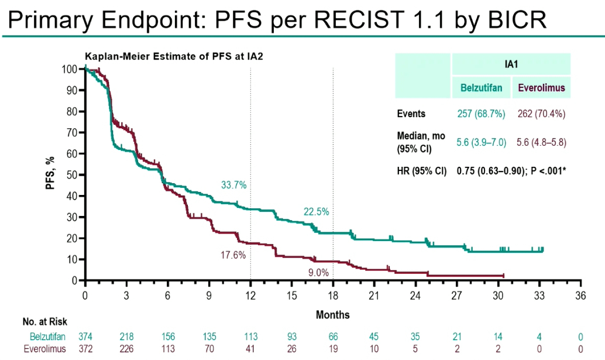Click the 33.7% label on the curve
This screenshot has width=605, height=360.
point(233,185)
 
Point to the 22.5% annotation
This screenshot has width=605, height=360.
point(316,211)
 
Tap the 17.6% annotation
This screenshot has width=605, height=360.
point(233,255)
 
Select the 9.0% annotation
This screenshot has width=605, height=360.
point(319,272)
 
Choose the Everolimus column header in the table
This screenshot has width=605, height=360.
point(541,88)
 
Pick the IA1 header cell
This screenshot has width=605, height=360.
point(511,64)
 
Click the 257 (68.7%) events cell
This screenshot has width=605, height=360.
point(481,114)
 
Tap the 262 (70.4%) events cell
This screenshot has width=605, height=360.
point(541,114)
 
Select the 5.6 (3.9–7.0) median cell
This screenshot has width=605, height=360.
point(481,141)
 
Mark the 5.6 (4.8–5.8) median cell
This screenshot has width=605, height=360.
point(541,141)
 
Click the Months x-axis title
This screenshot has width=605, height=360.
point(332,315)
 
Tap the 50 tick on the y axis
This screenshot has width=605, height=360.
point(71,174)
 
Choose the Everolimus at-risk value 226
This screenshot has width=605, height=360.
point(126,348)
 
